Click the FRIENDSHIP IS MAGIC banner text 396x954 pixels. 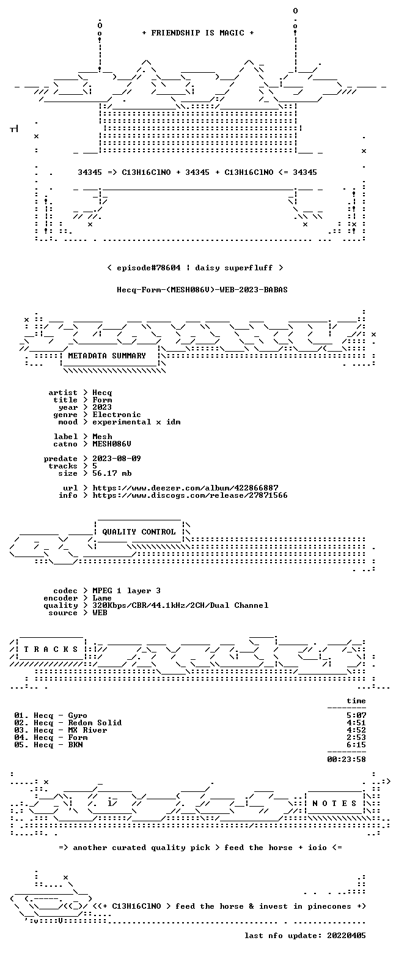(x=198, y=33)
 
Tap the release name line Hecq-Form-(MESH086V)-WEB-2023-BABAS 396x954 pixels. (x=202, y=290)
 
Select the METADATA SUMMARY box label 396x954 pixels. (x=107, y=356)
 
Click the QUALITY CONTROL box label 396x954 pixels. (x=139, y=532)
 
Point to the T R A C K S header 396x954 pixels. (x=51, y=649)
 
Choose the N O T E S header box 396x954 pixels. (x=335, y=803)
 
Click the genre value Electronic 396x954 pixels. (x=117, y=415)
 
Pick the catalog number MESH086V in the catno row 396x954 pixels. (x=112, y=444)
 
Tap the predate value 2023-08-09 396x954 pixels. (x=117, y=459)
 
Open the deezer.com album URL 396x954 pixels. (x=185, y=488)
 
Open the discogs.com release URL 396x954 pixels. (x=190, y=495)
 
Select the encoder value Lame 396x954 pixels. (x=102, y=598)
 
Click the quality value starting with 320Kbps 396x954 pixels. (x=180, y=605)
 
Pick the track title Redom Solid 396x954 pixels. (x=95, y=723)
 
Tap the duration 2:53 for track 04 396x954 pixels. (x=356, y=738)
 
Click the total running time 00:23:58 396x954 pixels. (x=346, y=760)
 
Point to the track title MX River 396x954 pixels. (x=88, y=730)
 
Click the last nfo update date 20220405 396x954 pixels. (x=346, y=936)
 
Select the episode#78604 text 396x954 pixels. (x=148, y=268)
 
